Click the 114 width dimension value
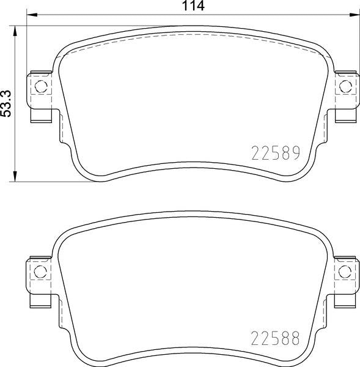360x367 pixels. tap(193, 6)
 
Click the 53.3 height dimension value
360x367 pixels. tap(6, 103)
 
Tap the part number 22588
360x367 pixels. tap(275, 338)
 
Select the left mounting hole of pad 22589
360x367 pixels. tap(41, 86)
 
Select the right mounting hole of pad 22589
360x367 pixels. tap(345, 86)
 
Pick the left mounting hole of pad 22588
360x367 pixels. tap(40, 272)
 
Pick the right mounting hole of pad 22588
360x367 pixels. tap(345, 272)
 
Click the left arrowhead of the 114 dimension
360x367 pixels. tap(32, 15)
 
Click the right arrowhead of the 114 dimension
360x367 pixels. tap(354, 15)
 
